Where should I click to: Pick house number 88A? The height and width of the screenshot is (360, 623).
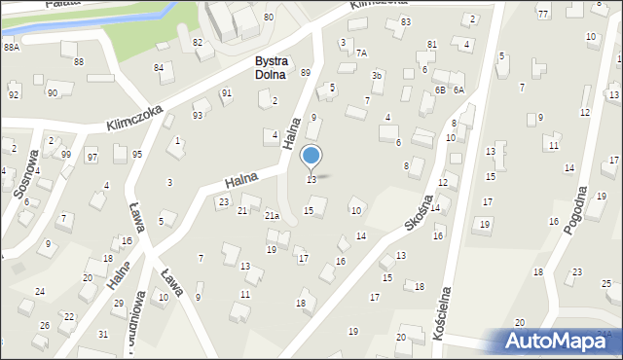click(x=11, y=47)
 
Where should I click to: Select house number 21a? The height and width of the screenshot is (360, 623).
click(x=273, y=215)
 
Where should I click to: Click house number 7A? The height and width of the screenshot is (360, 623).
click(x=361, y=53)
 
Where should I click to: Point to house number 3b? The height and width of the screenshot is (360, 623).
click(x=377, y=75)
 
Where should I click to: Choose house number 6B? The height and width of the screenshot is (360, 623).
click(x=440, y=90)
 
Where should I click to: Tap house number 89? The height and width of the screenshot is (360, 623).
click(x=305, y=73)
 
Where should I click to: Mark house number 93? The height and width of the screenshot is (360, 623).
click(x=198, y=116)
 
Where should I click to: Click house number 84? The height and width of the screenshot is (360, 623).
click(x=159, y=67)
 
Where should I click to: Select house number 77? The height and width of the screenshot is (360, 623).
click(x=542, y=13)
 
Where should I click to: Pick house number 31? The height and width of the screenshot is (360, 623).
click(x=103, y=334)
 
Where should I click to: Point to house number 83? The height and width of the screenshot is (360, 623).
click(x=405, y=21)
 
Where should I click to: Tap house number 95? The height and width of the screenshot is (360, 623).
click(x=137, y=155)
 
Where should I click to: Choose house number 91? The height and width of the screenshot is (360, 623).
click(x=226, y=93)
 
